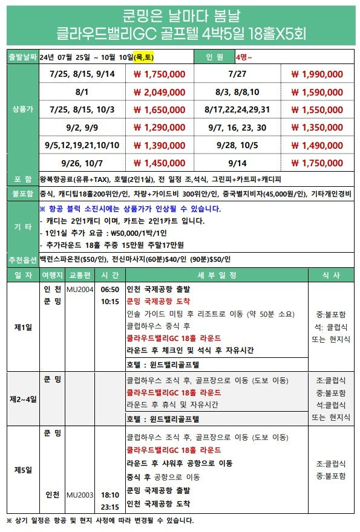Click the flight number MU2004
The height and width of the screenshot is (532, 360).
point(79,290)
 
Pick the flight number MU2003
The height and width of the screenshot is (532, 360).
point(79,495)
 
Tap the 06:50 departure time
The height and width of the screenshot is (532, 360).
point(109,290)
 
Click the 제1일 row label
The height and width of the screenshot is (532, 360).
point(22,326)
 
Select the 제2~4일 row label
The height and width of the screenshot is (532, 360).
point(22,399)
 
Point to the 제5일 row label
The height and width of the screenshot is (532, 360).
point(22,470)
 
